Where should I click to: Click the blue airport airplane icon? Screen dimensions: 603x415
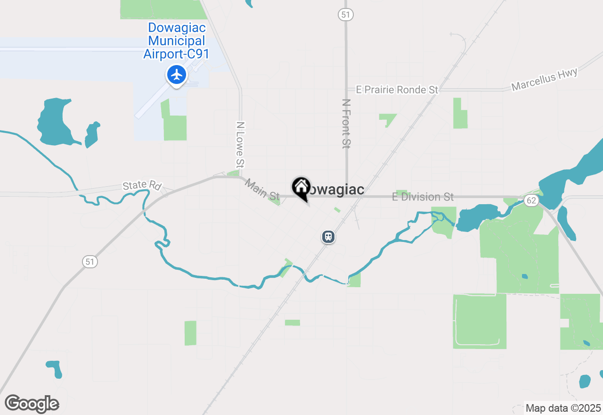177,75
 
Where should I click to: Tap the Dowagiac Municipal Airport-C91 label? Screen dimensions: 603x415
176,41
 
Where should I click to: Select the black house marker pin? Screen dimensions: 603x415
301,188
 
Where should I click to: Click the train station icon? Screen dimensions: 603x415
328,236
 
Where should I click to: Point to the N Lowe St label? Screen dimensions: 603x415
240,145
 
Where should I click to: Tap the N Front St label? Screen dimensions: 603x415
346,124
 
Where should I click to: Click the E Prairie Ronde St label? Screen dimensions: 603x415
397,90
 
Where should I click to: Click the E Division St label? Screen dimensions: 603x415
423,197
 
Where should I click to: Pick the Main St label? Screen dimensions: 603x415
262,189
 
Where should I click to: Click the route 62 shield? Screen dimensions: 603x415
531,201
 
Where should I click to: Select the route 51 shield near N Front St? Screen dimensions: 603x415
346,15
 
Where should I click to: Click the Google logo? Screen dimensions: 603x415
32,404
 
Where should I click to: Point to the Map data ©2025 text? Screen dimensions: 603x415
563,408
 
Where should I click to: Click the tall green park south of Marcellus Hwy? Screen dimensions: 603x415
460,114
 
